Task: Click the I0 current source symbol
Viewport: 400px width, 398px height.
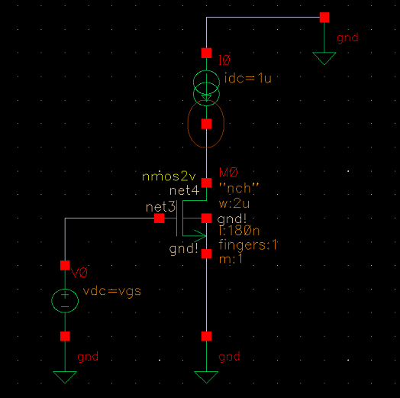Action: tap(205, 88)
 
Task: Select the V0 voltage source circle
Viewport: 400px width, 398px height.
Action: tap(65, 299)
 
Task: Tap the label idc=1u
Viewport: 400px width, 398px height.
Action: tap(240, 81)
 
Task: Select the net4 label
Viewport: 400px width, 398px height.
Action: tap(183, 189)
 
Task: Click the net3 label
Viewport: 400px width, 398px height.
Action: tap(160, 206)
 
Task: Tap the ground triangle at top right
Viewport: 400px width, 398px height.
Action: tap(324, 58)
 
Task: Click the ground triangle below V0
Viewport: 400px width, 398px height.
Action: tap(65, 376)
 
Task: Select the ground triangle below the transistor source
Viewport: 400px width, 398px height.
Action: tap(205, 376)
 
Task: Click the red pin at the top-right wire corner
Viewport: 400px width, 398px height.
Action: tap(324, 17)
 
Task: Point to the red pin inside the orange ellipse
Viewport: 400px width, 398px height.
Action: tap(205, 123)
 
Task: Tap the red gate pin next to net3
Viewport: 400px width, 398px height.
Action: tap(159, 218)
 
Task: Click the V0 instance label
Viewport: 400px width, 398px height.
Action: tap(79, 273)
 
